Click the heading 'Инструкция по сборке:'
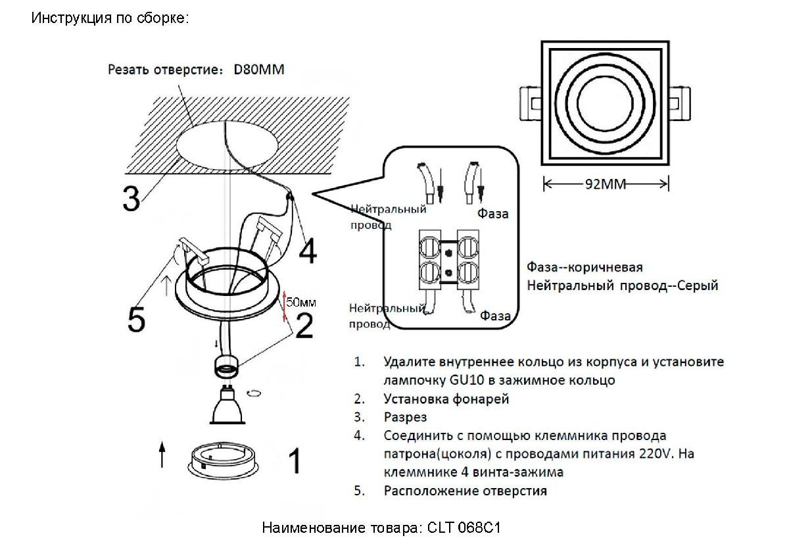[110, 18]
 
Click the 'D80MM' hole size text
[259, 70]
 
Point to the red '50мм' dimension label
[302, 303]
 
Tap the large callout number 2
[304, 326]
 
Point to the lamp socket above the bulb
[227, 364]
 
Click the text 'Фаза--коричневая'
[585, 268]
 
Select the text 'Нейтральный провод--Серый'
[622, 286]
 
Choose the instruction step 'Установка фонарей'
[446, 399]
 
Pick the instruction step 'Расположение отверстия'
[465, 491]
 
